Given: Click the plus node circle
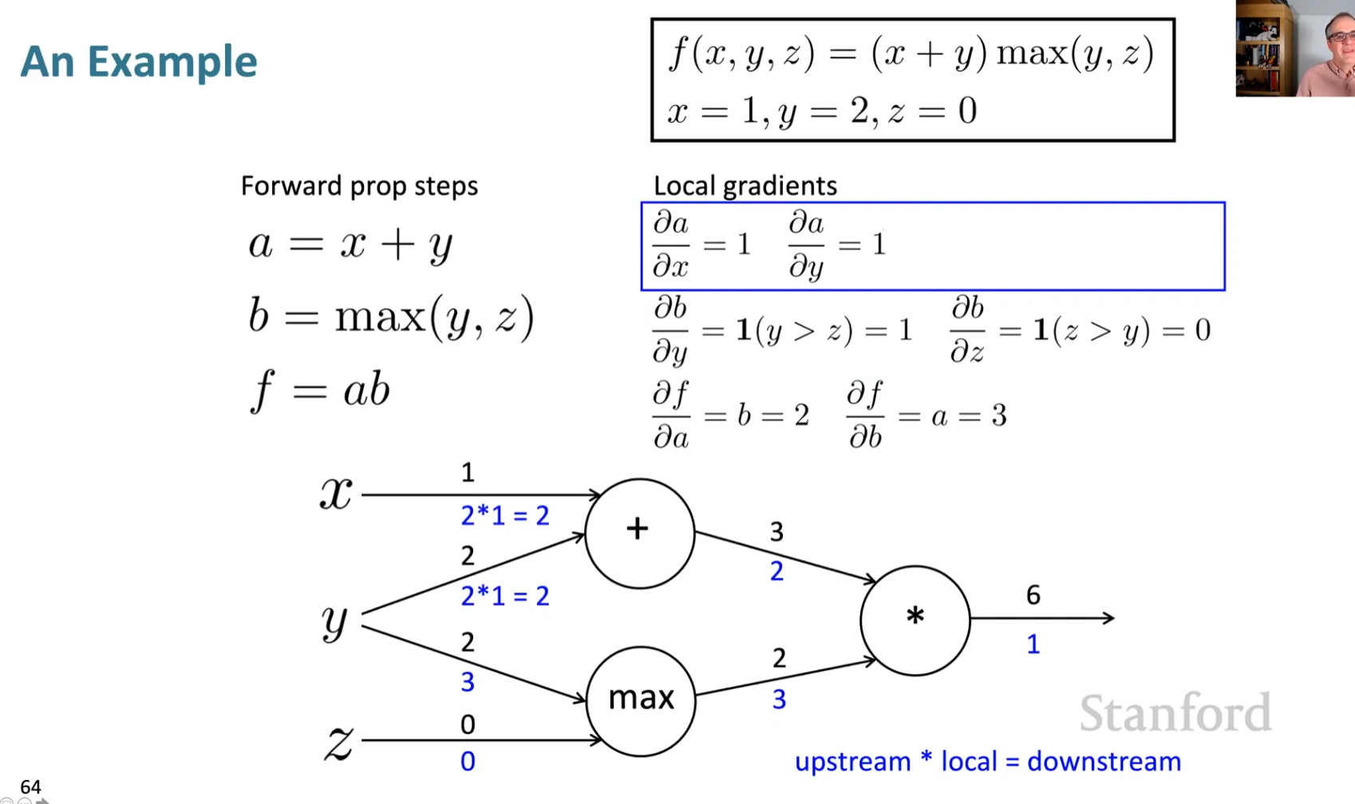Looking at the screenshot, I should [x=639, y=533].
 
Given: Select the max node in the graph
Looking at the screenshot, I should [x=641, y=700].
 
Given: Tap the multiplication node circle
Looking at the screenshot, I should [x=915, y=620].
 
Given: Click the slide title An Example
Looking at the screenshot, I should [x=139, y=61].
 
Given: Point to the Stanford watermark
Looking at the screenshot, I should [x=1175, y=713].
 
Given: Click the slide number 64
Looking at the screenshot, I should [x=30, y=786].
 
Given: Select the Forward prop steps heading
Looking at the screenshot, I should [x=359, y=186].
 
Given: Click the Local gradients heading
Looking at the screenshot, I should [x=745, y=186].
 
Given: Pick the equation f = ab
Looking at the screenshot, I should [x=321, y=392].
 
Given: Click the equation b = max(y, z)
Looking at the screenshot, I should [x=391, y=317].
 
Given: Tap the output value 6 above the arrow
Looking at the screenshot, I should [x=1033, y=595].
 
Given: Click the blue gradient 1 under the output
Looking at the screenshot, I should [x=1033, y=644].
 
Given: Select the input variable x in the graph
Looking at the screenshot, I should [x=336, y=493].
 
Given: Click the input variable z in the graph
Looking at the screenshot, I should [x=338, y=742].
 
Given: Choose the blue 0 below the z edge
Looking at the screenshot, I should [x=468, y=762].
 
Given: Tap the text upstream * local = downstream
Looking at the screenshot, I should [x=987, y=762].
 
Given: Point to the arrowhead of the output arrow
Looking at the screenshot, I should [x=1108, y=618].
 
